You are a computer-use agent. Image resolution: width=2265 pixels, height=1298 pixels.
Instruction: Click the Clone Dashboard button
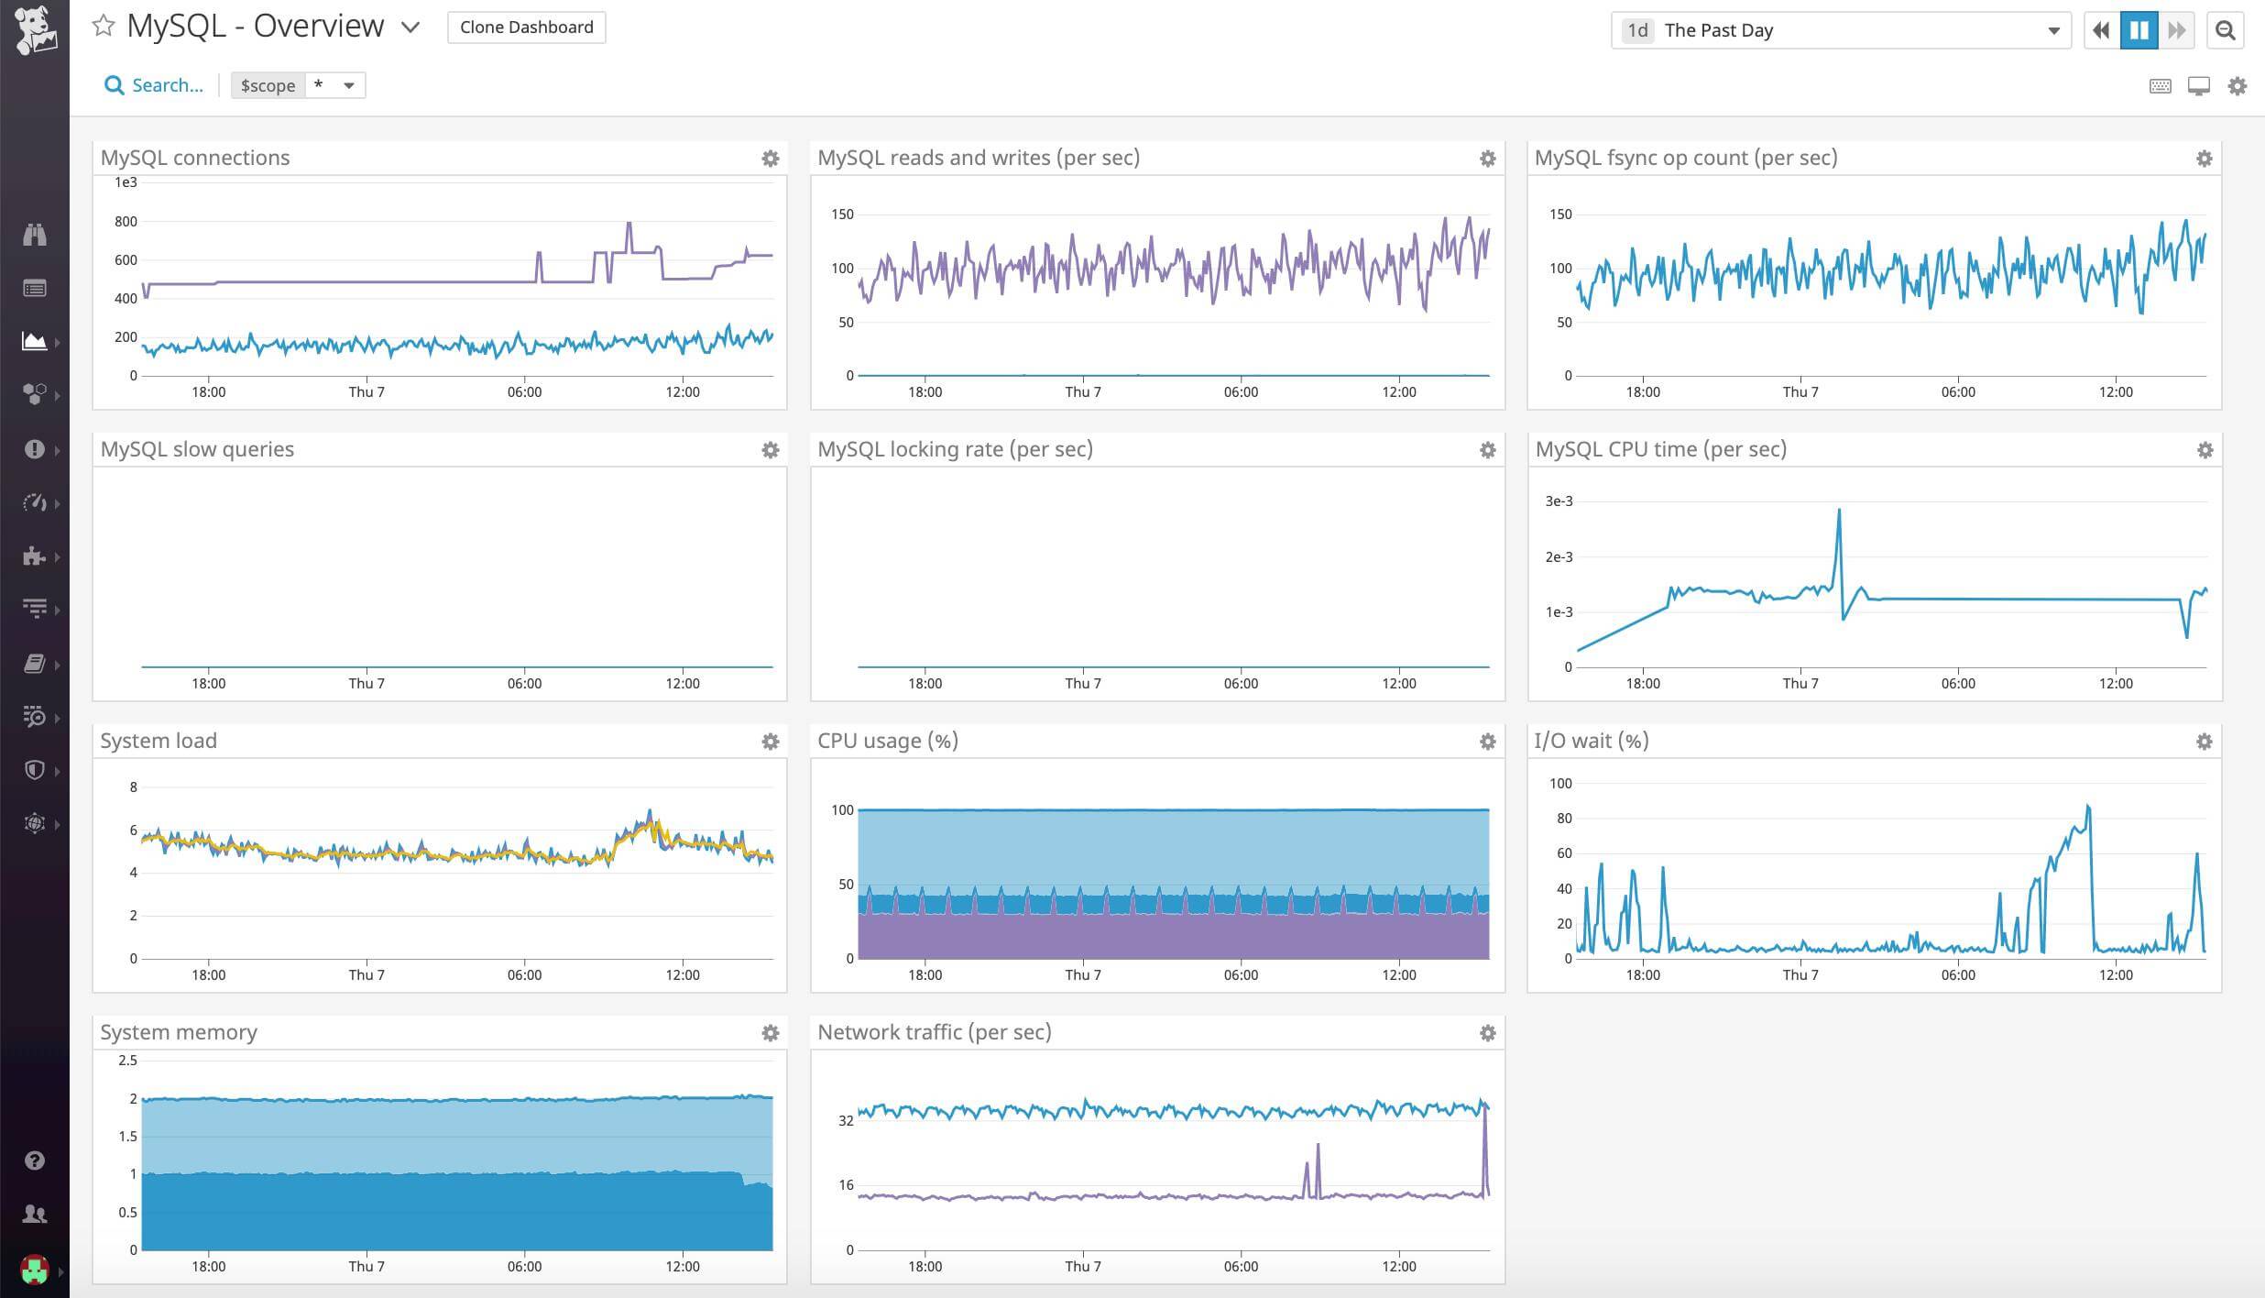click(526, 27)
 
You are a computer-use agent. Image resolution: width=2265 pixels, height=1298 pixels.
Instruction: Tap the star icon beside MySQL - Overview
click(104, 26)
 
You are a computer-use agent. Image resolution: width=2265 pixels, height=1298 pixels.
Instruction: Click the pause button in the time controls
click(2139, 30)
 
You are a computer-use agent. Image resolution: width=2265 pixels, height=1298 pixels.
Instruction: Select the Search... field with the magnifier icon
click(154, 85)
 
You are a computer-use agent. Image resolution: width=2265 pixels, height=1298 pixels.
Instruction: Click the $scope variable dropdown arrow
click(349, 85)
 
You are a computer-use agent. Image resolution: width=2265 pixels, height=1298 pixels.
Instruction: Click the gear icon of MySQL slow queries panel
click(771, 450)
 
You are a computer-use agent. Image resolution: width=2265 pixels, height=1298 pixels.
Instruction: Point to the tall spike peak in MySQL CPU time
click(1839, 511)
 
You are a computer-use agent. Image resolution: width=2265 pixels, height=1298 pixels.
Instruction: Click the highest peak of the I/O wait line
click(2087, 807)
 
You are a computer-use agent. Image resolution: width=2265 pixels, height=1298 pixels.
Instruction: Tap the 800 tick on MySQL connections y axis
click(126, 221)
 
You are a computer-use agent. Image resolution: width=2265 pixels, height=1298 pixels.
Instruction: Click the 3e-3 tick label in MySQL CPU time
click(1559, 501)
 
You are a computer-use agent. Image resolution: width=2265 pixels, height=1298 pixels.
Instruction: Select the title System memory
click(179, 1032)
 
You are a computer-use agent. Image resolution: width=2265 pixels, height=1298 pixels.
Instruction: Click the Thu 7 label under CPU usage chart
click(1083, 974)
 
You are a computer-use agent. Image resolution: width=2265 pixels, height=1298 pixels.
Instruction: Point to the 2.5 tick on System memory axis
click(127, 1061)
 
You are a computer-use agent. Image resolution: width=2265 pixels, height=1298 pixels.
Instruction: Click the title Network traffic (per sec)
click(934, 1032)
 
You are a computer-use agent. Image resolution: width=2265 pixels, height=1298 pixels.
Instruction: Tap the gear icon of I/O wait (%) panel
click(2205, 742)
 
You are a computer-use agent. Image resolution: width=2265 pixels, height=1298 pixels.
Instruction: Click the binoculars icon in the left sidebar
click(35, 235)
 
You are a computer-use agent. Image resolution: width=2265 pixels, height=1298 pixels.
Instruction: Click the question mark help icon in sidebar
click(35, 1160)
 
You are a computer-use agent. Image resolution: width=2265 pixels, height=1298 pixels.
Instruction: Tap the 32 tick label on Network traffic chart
click(846, 1120)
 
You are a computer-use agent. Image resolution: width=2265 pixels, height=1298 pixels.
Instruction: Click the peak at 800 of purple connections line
click(629, 224)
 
